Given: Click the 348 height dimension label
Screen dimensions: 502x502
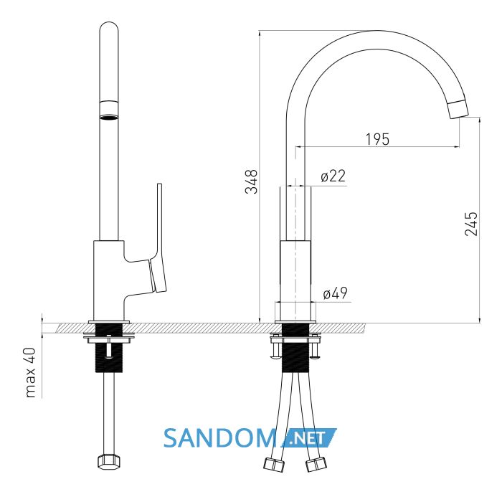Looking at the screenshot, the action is (x=251, y=182).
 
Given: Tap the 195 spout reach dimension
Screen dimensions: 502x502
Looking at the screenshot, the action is (x=377, y=139).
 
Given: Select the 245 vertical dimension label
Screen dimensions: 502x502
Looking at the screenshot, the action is (x=471, y=224).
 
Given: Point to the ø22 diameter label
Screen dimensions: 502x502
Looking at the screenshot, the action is (x=333, y=176).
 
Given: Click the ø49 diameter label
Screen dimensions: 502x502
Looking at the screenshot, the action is (x=335, y=293).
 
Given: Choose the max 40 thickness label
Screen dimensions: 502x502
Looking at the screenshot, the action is (x=30, y=373).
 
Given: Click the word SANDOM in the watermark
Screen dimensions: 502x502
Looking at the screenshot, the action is (x=220, y=438).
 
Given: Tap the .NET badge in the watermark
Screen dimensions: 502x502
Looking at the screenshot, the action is (x=308, y=438).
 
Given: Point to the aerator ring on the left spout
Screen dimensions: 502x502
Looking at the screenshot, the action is (x=109, y=110).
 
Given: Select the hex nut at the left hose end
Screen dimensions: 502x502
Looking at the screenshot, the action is (x=109, y=462).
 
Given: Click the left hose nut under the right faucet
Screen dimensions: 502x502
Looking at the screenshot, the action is (x=274, y=465).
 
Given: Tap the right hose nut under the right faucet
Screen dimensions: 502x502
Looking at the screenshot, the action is (x=316, y=465).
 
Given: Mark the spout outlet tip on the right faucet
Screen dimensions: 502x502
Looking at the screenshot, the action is (x=458, y=110).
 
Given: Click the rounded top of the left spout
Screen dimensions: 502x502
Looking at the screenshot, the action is (x=109, y=27).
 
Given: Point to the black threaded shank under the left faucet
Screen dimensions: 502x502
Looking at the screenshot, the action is (x=109, y=348).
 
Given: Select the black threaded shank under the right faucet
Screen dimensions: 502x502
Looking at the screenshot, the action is (x=295, y=348).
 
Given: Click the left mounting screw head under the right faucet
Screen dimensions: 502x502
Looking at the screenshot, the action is (x=276, y=355).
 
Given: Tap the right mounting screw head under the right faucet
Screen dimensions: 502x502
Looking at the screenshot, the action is (x=314, y=355).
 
